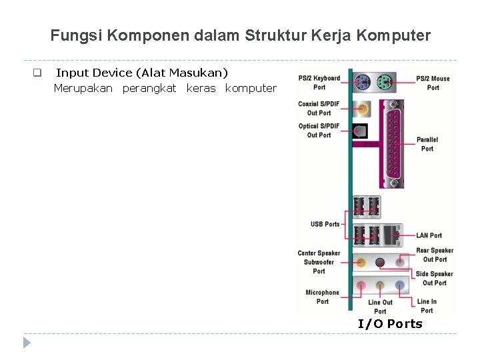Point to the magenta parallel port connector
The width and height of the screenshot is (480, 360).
point(392,143)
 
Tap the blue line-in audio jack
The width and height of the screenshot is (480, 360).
point(399,285)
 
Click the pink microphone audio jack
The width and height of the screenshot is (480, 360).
point(361,285)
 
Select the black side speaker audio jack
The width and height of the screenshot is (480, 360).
point(381,262)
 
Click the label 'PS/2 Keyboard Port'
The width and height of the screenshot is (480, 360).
point(319,83)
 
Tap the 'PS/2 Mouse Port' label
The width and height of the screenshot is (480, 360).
point(433,83)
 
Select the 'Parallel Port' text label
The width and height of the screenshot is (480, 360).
point(427,144)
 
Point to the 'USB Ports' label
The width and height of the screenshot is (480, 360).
point(325,224)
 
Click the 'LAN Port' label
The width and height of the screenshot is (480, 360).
point(429,235)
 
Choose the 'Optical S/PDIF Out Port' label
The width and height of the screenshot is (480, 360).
point(319,131)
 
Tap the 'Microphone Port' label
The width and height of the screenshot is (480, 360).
point(322,297)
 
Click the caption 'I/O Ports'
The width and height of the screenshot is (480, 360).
point(390,324)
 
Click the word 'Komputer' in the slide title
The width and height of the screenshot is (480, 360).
point(395,35)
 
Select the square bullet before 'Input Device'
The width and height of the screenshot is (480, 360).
point(37,73)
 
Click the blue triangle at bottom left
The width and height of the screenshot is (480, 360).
point(27,343)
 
